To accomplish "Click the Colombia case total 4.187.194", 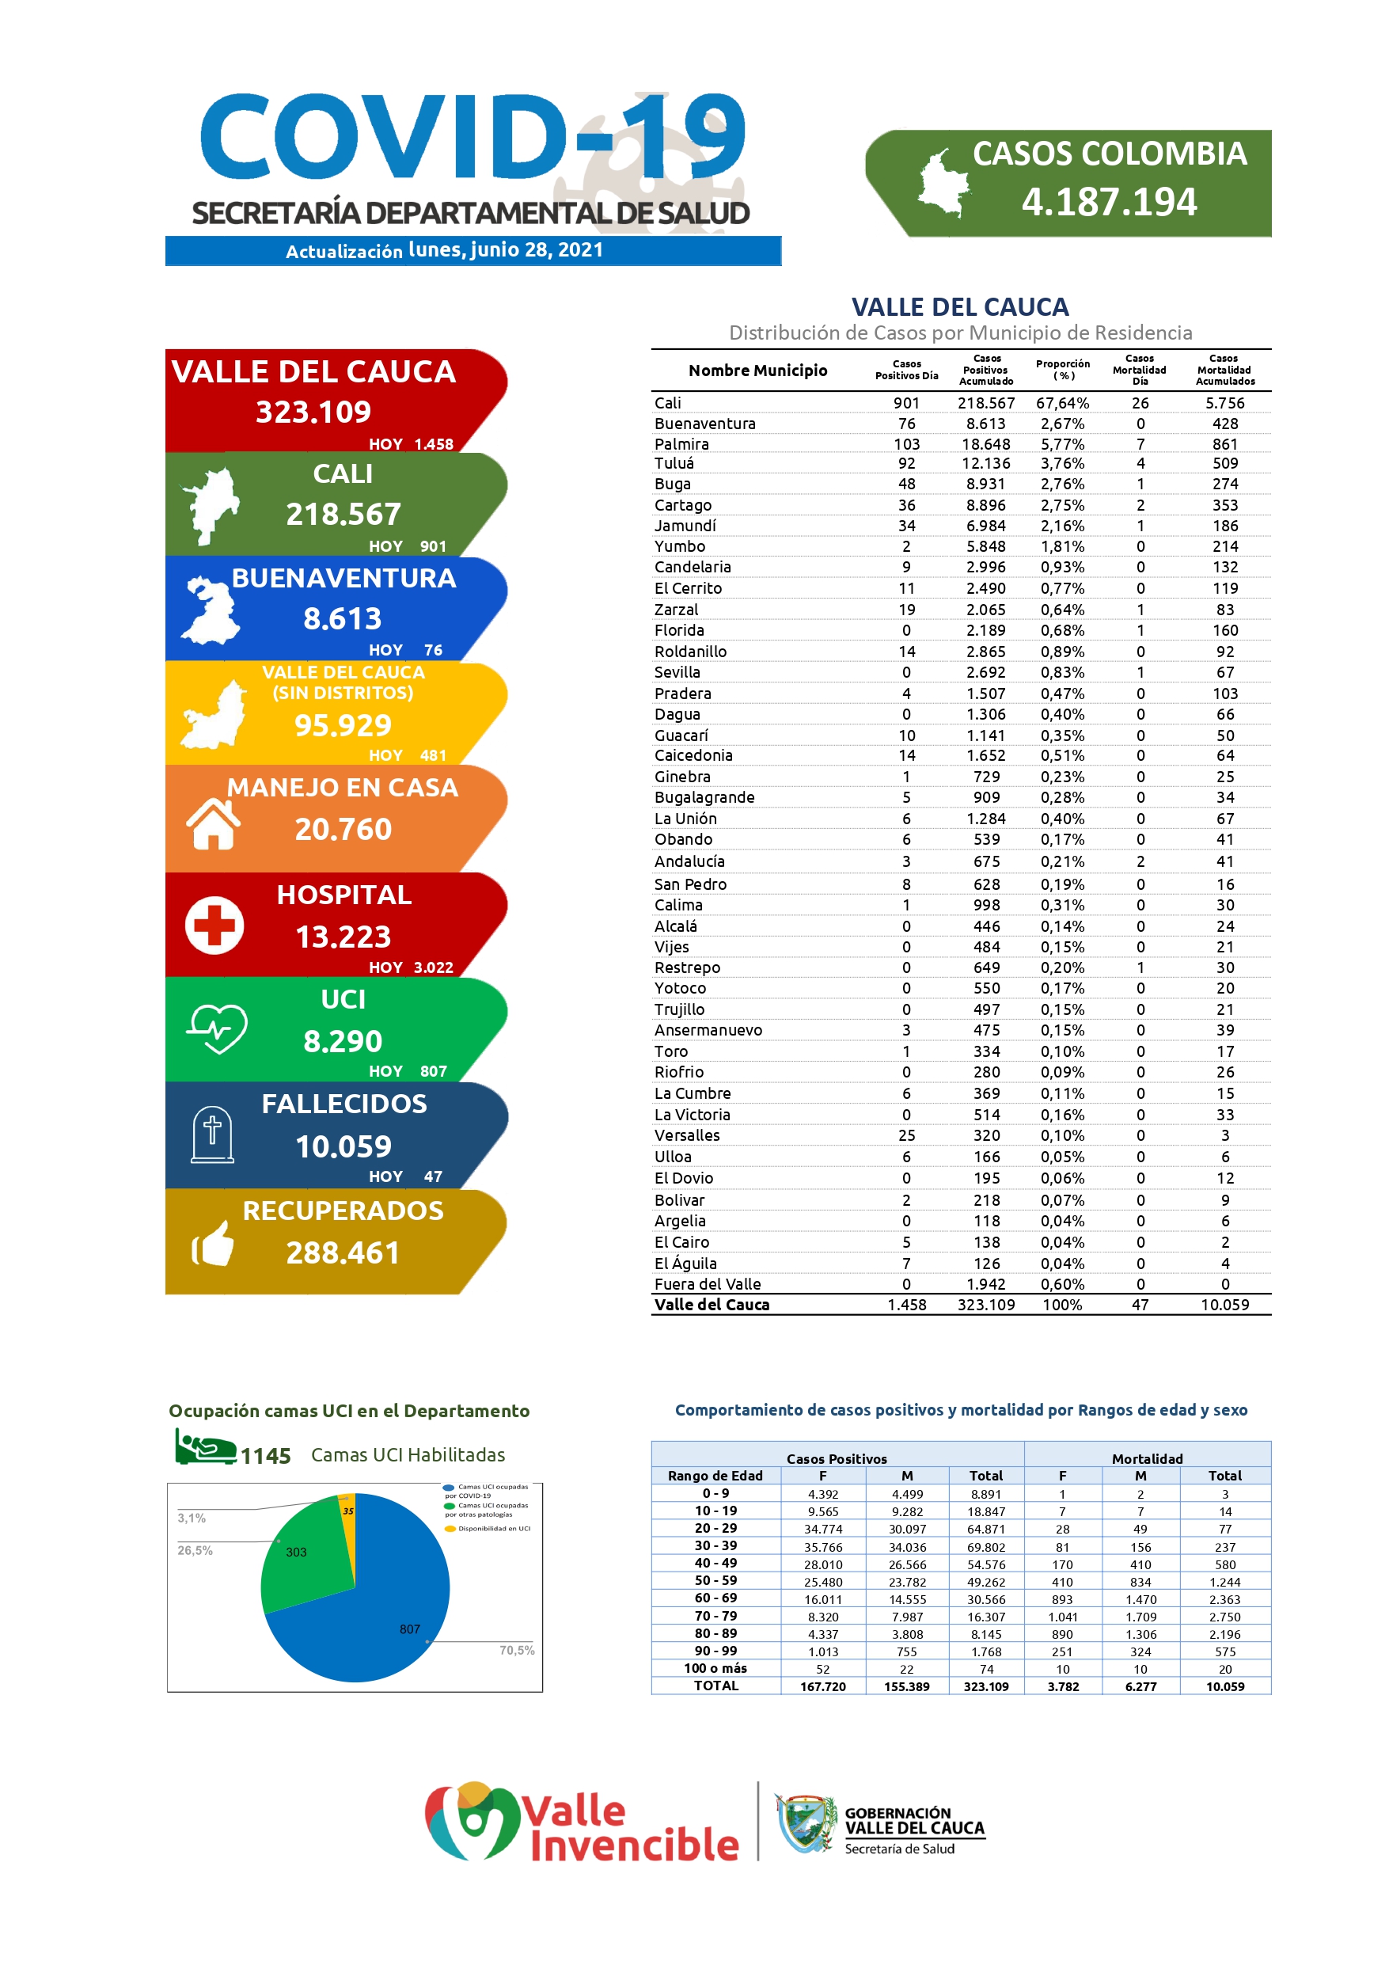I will (x=1108, y=203).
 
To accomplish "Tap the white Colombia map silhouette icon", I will (x=943, y=182).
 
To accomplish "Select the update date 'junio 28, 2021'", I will (x=537, y=250).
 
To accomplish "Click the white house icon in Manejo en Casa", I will (x=213, y=823).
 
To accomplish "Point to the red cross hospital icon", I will (x=214, y=925).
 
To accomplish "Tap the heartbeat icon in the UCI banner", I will (x=218, y=1028).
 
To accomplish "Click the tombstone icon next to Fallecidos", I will (x=212, y=1134).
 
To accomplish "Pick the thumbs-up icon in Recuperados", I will (x=212, y=1245).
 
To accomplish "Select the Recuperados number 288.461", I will (x=343, y=1253).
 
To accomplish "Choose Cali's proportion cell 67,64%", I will (x=1062, y=403).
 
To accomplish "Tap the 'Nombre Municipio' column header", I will (x=757, y=371).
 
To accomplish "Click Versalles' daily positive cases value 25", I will (x=906, y=1136).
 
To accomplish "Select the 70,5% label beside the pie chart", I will (x=517, y=1650).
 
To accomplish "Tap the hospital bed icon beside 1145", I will (x=204, y=1448).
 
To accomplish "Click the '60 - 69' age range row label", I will (x=715, y=1598).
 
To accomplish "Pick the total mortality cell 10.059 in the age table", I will (x=1224, y=1686).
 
